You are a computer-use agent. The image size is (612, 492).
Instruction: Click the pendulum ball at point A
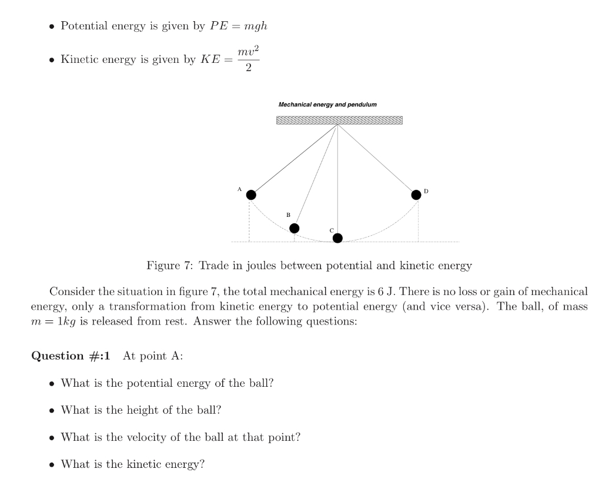(251, 195)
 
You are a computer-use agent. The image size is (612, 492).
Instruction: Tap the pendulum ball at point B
(294, 228)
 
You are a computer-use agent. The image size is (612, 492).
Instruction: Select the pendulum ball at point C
(337, 238)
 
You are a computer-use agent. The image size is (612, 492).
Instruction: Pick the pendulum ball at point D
(416, 195)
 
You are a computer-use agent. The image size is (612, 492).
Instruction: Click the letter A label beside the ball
(239, 189)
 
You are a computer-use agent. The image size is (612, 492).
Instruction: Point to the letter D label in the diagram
(426, 192)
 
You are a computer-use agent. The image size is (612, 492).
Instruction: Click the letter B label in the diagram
(288, 215)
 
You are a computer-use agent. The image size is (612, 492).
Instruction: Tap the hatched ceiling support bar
(339, 121)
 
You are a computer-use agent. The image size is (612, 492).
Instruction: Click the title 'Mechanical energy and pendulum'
(327, 105)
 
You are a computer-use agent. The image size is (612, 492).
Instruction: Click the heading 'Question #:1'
(71, 356)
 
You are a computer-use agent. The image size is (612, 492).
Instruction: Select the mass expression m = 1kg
(54, 321)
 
